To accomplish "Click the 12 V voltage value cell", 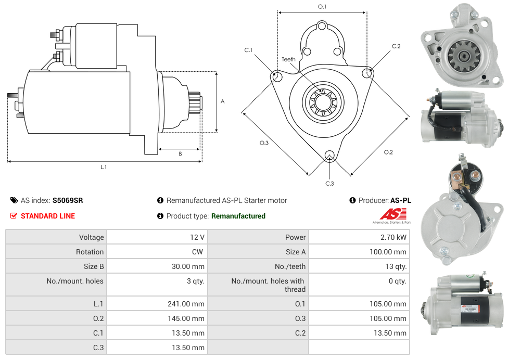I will (197, 237).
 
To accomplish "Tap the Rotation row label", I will (90, 252).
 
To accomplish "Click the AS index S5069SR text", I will (67, 200).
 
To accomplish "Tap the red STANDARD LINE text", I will (47, 216).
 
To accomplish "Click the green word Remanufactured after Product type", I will (238, 216).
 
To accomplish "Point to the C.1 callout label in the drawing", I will (248, 50).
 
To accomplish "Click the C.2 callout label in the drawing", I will (396, 46).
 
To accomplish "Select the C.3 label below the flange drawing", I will (329, 183).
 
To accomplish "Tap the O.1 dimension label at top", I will (322, 7).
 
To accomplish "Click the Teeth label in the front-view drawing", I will (288, 59).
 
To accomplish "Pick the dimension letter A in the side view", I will (223, 101).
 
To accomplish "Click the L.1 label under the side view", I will (104, 167).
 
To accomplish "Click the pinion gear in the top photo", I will (459, 54).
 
